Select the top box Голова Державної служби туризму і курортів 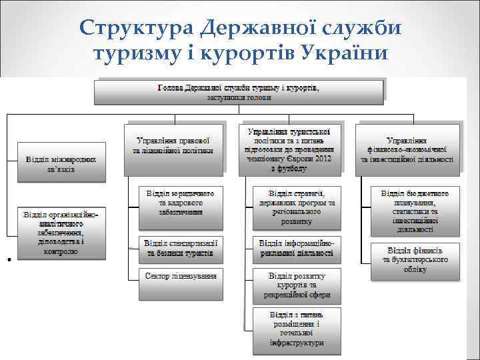239,92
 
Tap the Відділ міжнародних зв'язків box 60,163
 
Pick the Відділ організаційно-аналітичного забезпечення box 60,233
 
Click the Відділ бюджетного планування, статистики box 415,211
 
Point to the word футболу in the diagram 293,169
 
